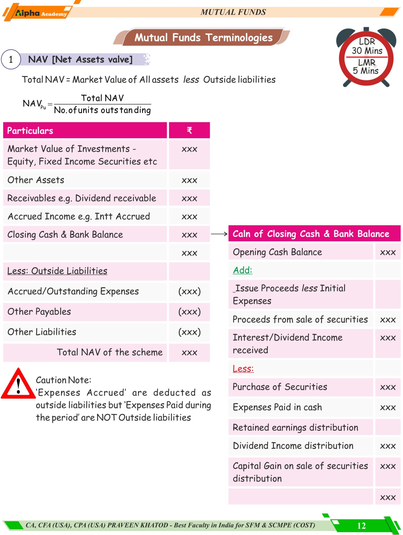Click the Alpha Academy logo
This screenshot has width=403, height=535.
tap(39, 13)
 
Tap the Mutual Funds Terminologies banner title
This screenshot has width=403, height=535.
tap(203, 38)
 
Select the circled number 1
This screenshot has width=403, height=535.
tap(11, 60)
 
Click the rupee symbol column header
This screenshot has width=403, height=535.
tap(189, 130)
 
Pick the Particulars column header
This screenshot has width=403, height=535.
tap(30, 131)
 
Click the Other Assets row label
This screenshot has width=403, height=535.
tap(36, 180)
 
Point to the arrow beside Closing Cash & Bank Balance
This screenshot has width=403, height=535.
tap(219, 234)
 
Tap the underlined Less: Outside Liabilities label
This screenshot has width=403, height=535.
tap(57, 271)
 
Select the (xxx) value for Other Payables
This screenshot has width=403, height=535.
tap(189, 312)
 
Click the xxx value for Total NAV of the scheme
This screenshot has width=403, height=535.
tap(189, 353)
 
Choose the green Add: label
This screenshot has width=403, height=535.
tap(243, 270)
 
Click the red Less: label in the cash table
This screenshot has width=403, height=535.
tap(243, 369)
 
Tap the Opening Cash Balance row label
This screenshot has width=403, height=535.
tap(277, 252)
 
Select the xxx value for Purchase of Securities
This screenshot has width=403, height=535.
tap(388, 387)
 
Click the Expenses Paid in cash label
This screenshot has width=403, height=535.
tap(277, 407)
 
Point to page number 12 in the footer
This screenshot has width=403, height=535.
tap(361, 526)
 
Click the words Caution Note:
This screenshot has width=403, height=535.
tap(64, 380)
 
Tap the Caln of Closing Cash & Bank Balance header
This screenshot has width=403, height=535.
tap(311, 234)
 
